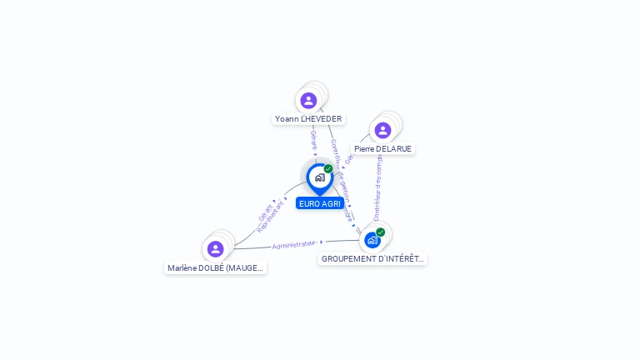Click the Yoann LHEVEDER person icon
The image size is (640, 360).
coord(308,101)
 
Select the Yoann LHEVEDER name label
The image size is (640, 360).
coord(308,119)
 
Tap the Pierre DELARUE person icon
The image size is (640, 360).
coord(382,130)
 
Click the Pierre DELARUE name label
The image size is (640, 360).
coord(382,149)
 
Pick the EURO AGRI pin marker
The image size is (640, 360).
coord(319,177)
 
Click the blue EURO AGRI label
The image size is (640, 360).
coord(320,203)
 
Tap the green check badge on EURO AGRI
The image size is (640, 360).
coord(328,169)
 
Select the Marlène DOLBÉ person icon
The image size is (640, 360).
coord(215,249)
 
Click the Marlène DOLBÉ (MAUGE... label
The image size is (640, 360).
coord(215,268)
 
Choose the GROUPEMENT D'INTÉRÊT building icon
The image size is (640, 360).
coord(372,240)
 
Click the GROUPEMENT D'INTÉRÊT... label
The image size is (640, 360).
coord(372,259)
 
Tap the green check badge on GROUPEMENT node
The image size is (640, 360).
coord(381,232)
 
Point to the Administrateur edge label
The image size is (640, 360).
coord(294,245)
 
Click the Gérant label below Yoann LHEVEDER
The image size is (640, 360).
coord(313,140)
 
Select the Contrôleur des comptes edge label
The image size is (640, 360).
coord(377,188)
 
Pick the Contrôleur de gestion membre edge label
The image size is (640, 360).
coord(342,180)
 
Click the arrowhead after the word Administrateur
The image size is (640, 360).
coord(322,242)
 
